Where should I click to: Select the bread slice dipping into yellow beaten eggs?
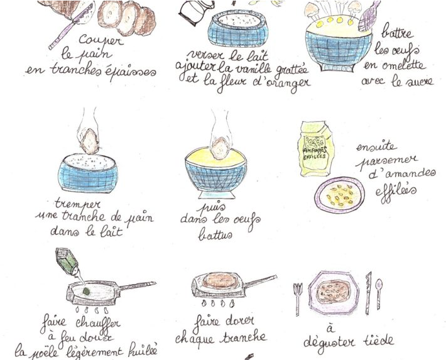click(220, 148)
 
